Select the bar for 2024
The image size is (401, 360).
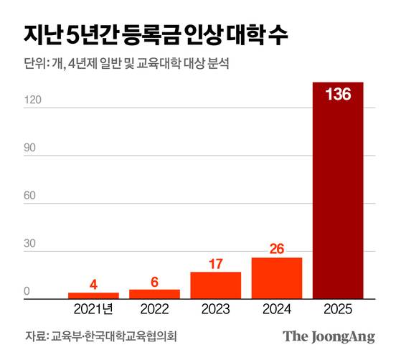pos(277,278)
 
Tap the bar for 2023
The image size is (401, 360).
pos(215,285)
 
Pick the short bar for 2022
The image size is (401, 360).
pos(154,294)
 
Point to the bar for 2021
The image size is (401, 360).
pos(93,295)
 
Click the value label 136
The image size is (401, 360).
pos(338,95)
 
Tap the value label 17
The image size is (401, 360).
pos(215,264)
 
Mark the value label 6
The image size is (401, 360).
pos(154,282)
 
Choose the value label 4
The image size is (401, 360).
pos(93,285)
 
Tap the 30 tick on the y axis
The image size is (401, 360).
pos(30,244)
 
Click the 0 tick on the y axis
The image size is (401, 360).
pos(26,292)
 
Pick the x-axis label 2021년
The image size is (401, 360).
pos(93,310)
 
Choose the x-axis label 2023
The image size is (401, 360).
pos(215,310)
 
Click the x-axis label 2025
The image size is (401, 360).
pos(338,310)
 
